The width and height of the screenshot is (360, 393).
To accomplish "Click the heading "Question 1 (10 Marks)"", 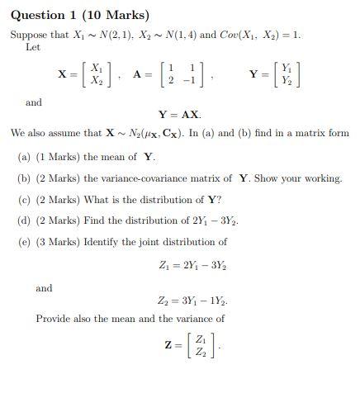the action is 80,15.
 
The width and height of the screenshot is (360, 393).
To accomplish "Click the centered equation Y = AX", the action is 179,115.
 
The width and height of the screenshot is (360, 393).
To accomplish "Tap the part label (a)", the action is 26,157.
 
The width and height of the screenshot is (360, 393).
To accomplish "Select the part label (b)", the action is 26,178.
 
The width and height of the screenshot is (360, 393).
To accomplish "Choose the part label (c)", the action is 26,200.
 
